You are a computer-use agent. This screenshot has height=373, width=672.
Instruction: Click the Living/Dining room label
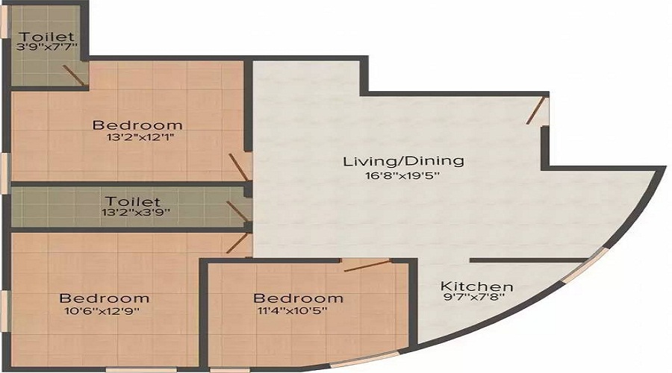coord(403,161)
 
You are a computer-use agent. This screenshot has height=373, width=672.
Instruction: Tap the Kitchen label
coord(476,286)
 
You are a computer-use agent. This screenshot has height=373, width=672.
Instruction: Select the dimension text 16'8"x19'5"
coord(402,175)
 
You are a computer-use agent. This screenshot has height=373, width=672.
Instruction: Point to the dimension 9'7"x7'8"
coord(476,297)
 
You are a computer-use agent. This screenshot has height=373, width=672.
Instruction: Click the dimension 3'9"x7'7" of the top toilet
coord(46,47)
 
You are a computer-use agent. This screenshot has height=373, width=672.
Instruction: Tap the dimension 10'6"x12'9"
coord(102,310)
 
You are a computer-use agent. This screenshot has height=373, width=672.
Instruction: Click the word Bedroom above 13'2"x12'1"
coord(137,125)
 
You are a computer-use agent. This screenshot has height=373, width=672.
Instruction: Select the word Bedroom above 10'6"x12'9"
coord(104,298)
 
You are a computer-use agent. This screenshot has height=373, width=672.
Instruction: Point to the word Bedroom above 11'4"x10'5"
coord(298,298)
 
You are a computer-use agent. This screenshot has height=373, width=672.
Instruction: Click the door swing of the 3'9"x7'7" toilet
coord(73,75)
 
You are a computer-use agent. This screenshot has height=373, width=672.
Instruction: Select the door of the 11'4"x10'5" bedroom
coord(367,266)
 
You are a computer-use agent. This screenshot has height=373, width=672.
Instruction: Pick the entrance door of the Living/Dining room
coord(536,111)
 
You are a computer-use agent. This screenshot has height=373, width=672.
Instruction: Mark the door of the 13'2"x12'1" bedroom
coord(238,167)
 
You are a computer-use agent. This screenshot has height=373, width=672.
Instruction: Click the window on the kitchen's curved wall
coord(585,266)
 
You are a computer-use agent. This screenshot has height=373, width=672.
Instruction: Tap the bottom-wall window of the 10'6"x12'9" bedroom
coord(141,369)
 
